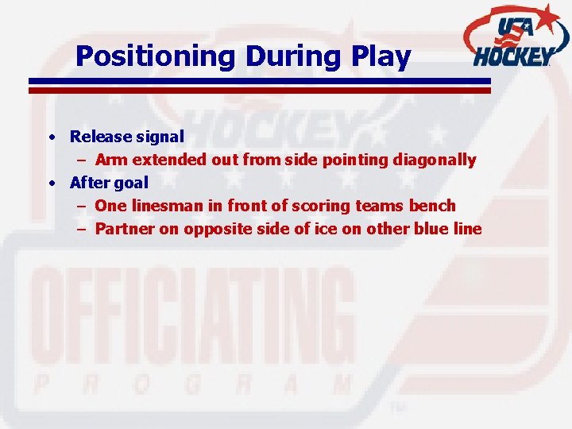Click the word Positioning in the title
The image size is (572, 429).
[x=156, y=57]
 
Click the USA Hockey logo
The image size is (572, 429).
[x=516, y=37]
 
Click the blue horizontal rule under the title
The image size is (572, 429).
[x=260, y=81]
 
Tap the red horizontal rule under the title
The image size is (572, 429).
[x=260, y=90]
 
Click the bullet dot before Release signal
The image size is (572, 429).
[x=52, y=137]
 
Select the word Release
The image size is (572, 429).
[x=101, y=137]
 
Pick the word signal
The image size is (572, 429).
[x=160, y=137]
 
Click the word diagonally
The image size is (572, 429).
[x=434, y=160]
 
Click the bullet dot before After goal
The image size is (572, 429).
[x=52, y=184]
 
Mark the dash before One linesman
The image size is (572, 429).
[x=82, y=207]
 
